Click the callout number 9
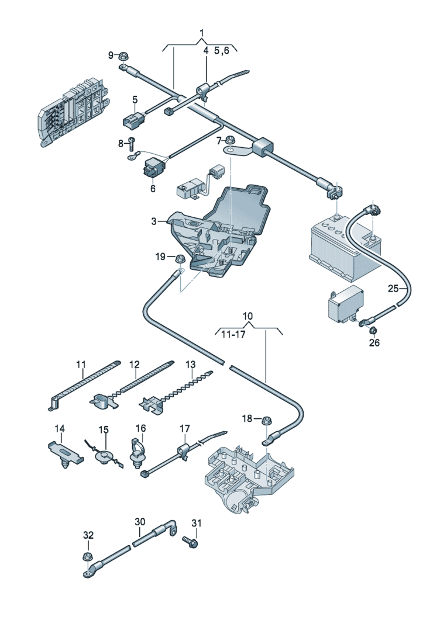[x=111, y=56]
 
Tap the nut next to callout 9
[x=123, y=57]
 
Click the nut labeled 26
[x=372, y=331]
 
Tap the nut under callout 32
[x=88, y=556]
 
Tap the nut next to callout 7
[x=231, y=141]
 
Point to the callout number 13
[x=190, y=365]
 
